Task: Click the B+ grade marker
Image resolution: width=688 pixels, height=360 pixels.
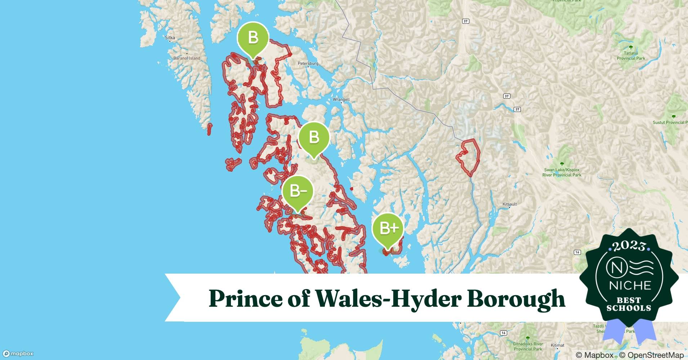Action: click(x=388, y=229)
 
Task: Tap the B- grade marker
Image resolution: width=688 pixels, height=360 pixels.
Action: click(x=298, y=191)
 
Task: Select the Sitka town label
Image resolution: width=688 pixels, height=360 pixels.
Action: click(x=170, y=37)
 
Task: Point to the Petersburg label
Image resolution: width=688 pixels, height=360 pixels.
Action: click(x=308, y=63)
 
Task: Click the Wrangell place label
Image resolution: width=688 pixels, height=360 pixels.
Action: click(x=341, y=99)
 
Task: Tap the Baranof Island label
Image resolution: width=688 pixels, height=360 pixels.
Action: click(x=187, y=58)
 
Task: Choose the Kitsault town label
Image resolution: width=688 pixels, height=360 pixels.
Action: click(x=509, y=204)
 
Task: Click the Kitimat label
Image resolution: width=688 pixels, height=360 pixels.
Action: click(x=557, y=345)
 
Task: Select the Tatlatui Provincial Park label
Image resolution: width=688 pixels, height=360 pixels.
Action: click(x=631, y=56)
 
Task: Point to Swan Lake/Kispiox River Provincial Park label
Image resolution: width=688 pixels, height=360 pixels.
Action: click(x=562, y=172)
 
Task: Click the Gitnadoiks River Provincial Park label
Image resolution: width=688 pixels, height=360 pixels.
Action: click(x=528, y=346)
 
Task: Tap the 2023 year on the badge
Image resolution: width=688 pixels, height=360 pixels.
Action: click(x=629, y=247)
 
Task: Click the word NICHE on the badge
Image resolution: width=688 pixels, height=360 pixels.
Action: click(x=630, y=285)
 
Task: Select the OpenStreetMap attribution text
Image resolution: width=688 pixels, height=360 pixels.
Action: click(x=651, y=355)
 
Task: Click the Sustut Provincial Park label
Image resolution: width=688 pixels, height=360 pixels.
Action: click(x=669, y=122)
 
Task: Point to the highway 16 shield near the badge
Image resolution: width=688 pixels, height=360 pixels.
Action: click(x=577, y=252)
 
